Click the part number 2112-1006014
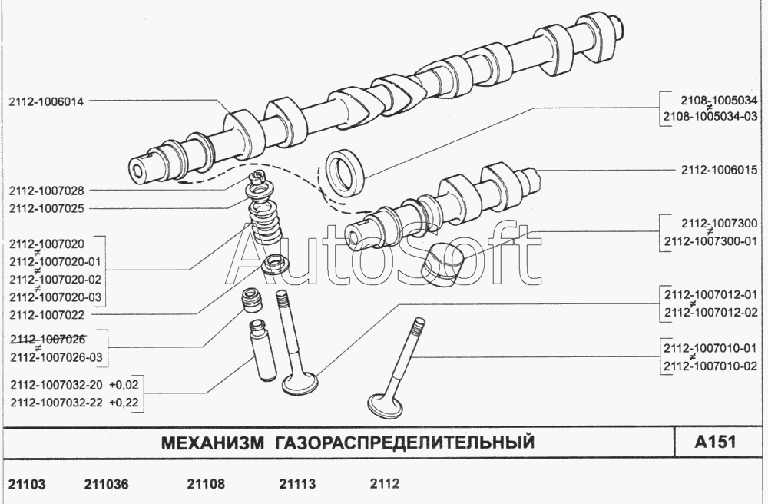point(46,102)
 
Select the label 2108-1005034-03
point(710,117)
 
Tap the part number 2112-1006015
point(719,170)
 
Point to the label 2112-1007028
point(47,191)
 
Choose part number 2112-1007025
point(47,209)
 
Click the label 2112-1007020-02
point(55,279)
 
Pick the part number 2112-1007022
point(47,315)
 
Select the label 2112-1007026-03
point(56,357)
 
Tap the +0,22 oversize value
point(124,403)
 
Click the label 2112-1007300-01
point(710,241)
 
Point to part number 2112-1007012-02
point(710,313)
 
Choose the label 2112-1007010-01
point(710,348)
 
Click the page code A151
point(716,442)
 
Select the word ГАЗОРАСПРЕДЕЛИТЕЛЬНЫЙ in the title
point(404,443)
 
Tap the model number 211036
point(106,484)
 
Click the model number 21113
point(297,484)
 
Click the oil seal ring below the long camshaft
point(346,171)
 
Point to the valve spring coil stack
point(265,220)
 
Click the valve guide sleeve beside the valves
point(263,350)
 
